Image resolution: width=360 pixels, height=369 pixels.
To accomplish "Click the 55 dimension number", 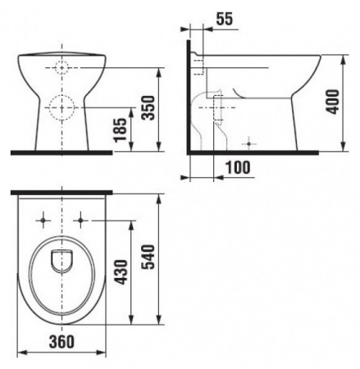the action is tap(225, 19).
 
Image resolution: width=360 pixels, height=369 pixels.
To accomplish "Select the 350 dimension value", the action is tap(149, 107).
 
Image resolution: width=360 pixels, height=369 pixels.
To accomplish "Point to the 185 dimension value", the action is tap(121, 130).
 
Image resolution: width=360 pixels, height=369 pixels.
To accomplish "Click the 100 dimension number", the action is tap(238, 167).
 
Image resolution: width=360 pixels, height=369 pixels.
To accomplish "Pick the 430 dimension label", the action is tap(121, 272).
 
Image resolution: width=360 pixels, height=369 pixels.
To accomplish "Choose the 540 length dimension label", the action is tap(149, 257).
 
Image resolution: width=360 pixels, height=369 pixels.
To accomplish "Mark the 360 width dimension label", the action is tap(62, 342).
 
